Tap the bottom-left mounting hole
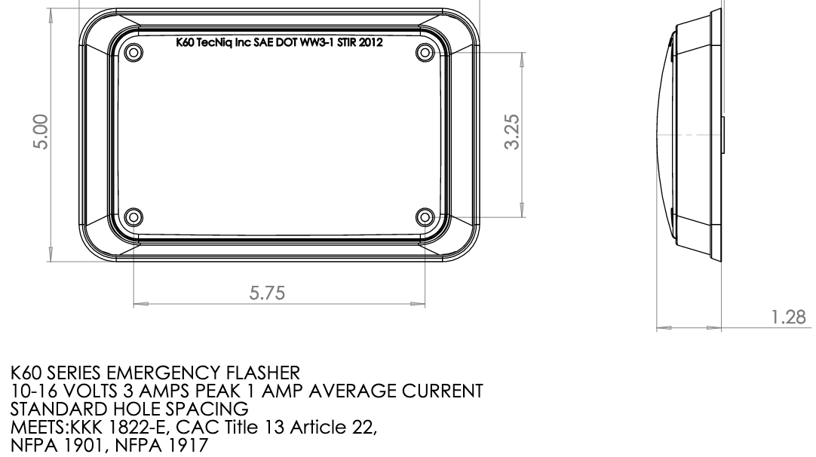point(133,218)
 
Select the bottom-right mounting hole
point(424,218)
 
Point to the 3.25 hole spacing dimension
point(512,133)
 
